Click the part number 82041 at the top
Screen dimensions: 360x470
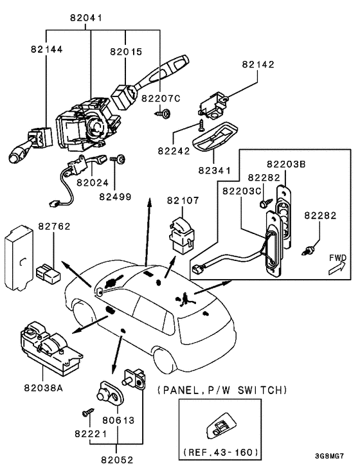(86, 18)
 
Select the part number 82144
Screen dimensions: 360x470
(47, 49)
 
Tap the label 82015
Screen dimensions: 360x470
(126, 51)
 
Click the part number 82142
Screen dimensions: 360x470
(258, 64)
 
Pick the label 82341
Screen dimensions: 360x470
(215, 170)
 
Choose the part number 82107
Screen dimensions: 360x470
(183, 200)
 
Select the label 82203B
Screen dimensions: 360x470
(286, 164)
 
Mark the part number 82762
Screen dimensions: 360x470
(54, 226)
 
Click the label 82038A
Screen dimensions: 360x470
(44, 388)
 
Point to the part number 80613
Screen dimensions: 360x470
(118, 420)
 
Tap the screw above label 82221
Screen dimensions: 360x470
(88, 412)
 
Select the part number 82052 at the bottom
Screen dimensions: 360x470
(117, 460)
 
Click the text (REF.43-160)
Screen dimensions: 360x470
(221, 452)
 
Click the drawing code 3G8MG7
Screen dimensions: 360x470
(329, 456)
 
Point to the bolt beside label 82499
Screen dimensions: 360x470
(118, 159)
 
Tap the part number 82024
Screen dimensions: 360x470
(93, 182)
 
